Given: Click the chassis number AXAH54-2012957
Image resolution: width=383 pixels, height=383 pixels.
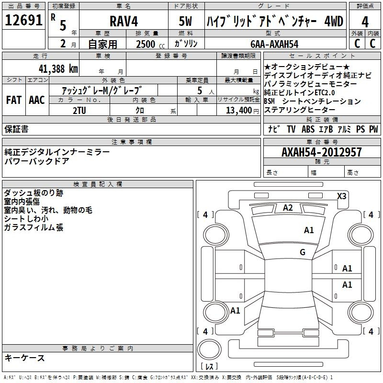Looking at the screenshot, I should click(322, 152).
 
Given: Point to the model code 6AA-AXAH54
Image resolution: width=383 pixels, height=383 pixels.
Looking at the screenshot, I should click(274, 44).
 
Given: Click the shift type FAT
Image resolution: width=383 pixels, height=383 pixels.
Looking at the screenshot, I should click(13, 100).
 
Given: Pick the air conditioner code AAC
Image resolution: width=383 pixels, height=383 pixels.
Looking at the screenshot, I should click(36, 100).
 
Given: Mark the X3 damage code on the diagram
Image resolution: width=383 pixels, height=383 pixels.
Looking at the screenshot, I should click(342, 196).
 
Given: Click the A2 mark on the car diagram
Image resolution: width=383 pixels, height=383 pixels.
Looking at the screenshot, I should click(288, 208).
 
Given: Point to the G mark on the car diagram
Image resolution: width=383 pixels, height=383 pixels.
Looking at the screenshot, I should click(302, 252).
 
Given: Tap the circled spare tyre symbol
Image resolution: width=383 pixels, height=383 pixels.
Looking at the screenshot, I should click(209, 349).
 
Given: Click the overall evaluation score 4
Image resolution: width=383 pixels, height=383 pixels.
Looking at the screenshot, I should click(365, 22).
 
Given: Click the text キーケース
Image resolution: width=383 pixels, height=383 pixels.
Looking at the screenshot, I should click(24, 358).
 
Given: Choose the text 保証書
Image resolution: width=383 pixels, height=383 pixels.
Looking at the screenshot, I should click(16, 129).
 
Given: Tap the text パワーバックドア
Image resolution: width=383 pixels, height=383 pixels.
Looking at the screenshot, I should click(36, 161).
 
